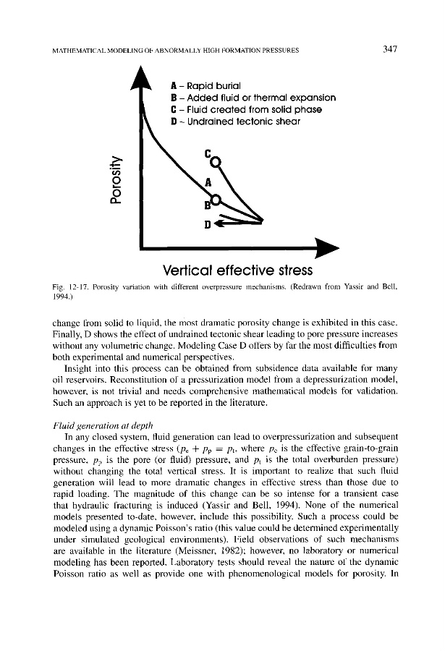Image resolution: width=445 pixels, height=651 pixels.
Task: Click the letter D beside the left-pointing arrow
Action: tap(208, 224)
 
